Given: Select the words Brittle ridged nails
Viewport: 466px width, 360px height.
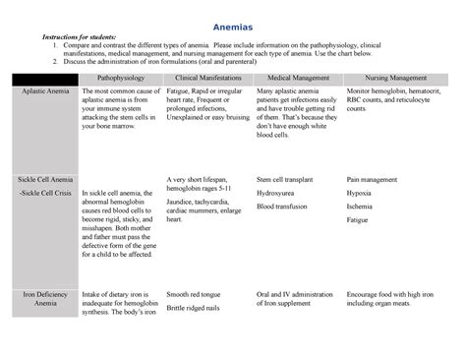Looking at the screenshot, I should tap(198, 309).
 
